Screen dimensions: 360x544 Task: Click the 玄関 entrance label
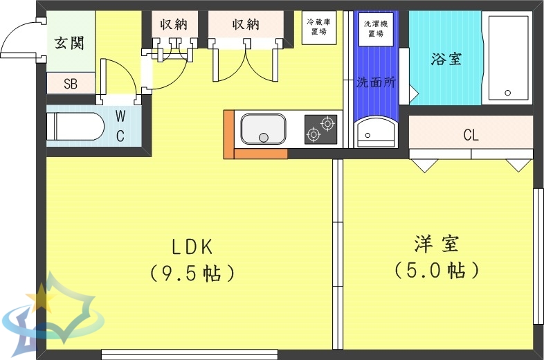point(70,43)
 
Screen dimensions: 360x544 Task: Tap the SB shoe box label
point(70,84)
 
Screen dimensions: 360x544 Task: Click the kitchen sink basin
point(263,129)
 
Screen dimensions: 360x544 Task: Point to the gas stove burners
point(320,129)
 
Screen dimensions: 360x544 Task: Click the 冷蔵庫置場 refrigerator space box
point(319,27)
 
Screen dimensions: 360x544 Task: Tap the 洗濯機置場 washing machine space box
point(375,27)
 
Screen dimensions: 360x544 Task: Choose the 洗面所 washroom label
point(375,82)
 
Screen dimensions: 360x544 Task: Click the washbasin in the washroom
point(375,131)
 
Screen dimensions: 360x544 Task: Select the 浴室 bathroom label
point(446,59)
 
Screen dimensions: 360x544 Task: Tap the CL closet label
point(471,135)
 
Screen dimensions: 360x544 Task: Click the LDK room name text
point(192,246)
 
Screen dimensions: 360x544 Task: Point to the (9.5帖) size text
point(192,273)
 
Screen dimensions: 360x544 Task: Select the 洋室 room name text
point(437,244)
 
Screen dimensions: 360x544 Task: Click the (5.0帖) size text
point(437,269)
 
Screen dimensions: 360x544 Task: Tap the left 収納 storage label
point(174,24)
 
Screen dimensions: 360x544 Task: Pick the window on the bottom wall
point(189,354)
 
